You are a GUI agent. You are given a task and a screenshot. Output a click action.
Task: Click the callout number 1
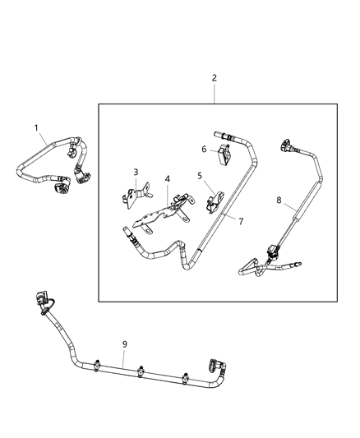coord(35,127)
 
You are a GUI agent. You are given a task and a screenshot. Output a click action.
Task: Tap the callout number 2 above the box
coord(215,78)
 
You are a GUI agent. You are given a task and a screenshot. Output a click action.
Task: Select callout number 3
coord(136,172)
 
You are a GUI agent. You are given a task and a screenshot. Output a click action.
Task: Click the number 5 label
coord(199,175)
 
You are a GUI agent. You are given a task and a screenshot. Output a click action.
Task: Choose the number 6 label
coord(204,149)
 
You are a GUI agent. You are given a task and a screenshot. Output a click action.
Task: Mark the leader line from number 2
coord(215,93)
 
